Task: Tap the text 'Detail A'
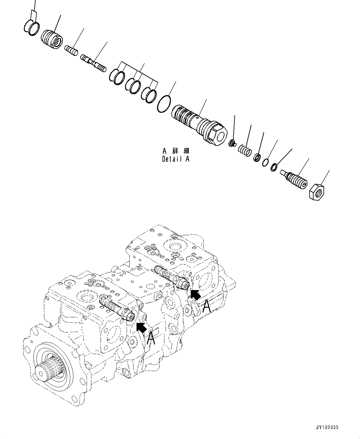176,159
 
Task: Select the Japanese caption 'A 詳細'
176,151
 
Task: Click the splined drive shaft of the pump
49,369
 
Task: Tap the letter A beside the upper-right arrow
207,306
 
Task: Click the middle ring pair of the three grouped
133,85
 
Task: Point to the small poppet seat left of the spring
232,143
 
